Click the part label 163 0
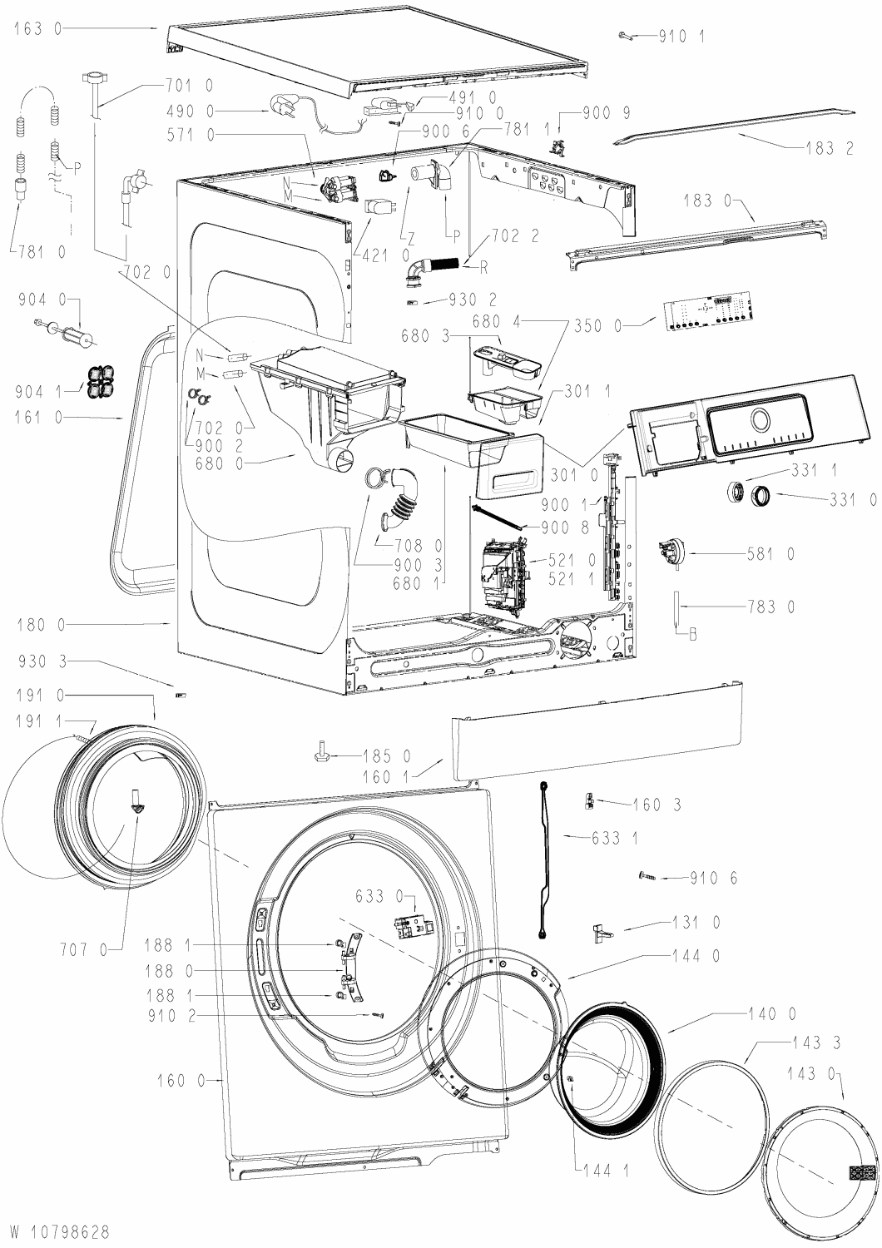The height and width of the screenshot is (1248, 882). tap(38, 28)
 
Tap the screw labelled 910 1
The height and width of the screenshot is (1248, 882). tap(625, 37)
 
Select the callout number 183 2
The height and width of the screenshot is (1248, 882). tap(829, 148)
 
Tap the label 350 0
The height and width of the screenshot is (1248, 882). tap(597, 326)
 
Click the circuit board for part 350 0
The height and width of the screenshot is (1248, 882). tap(706, 314)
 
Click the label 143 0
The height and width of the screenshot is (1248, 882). tap(811, 1073)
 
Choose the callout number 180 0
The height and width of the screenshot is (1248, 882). tap(42, 625)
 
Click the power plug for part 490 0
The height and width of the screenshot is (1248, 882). tap(282, 107)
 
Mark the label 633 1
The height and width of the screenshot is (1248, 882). tap(615, 837)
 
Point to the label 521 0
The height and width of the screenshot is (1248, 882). tap(572, 559)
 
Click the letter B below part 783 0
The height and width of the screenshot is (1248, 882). tap(693, 635)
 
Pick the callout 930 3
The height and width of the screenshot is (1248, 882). tap(42, 661)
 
